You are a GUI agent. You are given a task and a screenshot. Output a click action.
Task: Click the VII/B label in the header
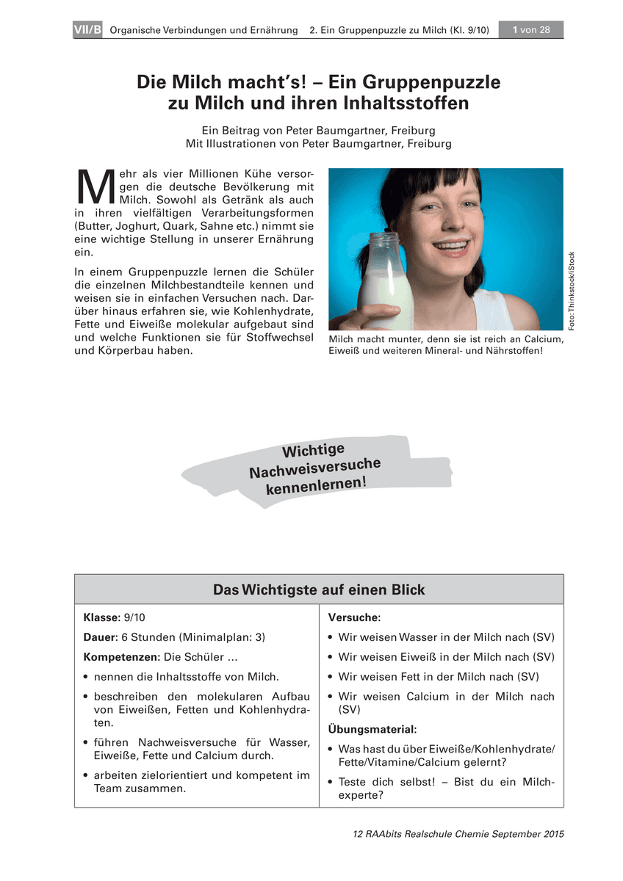pos(88,30)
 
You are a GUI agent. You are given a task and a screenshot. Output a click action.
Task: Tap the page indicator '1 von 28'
pos(531,30)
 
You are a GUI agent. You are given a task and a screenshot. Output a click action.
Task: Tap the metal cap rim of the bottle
pos(386,238)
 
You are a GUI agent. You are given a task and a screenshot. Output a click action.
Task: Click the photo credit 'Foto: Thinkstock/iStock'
pos(572,290)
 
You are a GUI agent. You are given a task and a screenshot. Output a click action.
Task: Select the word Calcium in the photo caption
pos(539,339)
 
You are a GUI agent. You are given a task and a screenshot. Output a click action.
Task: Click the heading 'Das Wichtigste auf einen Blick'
pos(319,590)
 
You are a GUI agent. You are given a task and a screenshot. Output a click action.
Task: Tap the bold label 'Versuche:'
pos(353,618)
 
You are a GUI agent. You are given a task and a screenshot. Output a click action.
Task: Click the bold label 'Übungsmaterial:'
pos(372,729)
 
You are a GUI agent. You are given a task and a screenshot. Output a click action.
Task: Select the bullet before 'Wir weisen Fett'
pos(331,677)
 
